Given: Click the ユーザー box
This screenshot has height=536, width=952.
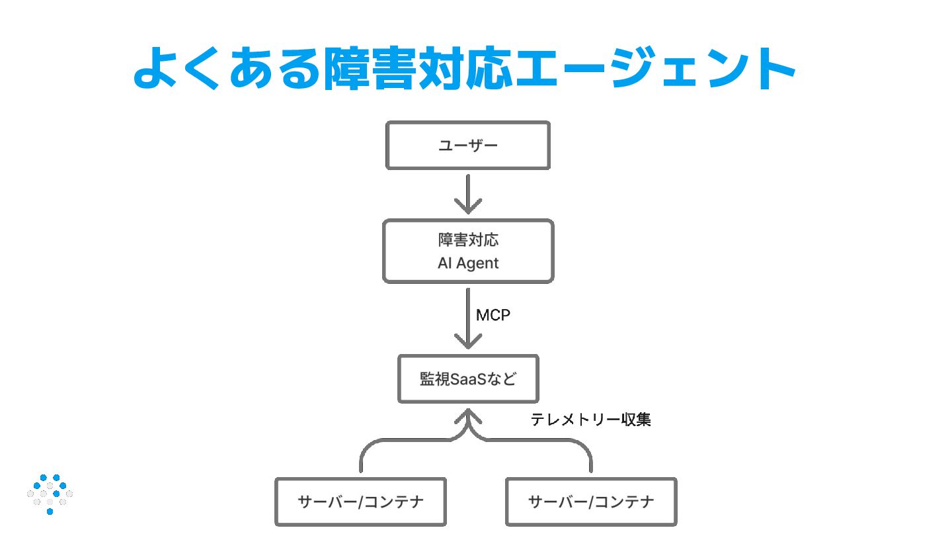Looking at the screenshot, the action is coord(468,146).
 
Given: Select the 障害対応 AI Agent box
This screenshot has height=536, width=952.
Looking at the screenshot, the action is coord(468,251).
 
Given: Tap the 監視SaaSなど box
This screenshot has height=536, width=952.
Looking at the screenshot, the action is coord(468,379).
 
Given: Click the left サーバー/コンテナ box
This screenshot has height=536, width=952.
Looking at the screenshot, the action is coord(360,502).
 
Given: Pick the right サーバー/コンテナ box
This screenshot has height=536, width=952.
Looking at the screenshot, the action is coord(591,502).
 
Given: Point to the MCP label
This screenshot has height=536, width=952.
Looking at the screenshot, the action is coord(493,315).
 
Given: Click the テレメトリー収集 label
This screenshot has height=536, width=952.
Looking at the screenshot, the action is coord(591,420).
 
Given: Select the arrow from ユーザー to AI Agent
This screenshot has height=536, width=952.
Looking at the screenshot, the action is coord(468,194).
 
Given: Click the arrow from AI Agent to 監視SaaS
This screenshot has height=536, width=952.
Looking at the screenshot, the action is coord(468,318).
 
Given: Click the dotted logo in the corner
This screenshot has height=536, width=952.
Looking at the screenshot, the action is coord(50,494).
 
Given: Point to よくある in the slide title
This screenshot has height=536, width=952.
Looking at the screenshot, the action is coord(226,68).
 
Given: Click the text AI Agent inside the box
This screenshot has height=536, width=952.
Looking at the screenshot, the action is coord(468,263).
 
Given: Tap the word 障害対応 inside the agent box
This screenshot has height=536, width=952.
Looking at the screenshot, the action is coord(468,240).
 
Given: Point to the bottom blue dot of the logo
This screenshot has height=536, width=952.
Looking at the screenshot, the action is coord(50,512).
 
